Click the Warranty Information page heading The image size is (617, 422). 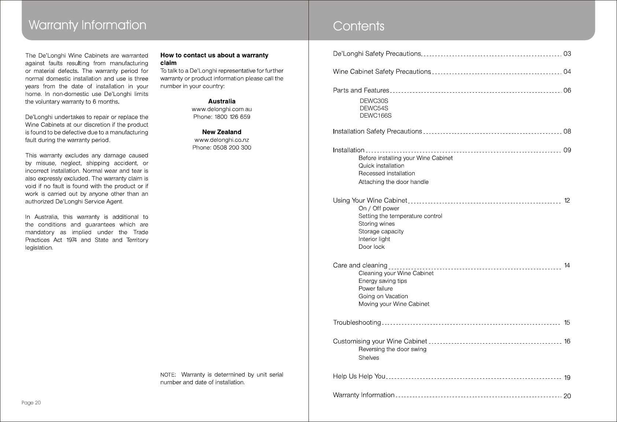87,25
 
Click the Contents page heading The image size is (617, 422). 358,26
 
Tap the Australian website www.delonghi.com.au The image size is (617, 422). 222,109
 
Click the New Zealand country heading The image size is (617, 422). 222,132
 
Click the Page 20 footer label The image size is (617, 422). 31,403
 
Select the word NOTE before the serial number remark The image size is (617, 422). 168,375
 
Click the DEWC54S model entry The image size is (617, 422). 374,108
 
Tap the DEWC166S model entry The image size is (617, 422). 376,116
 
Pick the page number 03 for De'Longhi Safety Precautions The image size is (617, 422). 567,54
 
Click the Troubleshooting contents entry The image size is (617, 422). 357,322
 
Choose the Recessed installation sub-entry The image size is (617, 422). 387,173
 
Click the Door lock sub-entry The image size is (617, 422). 372,247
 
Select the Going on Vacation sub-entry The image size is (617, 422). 383,296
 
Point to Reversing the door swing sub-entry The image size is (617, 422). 392,349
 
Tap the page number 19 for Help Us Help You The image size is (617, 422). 567,377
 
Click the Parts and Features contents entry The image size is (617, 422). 361,90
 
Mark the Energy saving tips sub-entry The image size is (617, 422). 383,281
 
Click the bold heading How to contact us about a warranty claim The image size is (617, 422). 214,59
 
